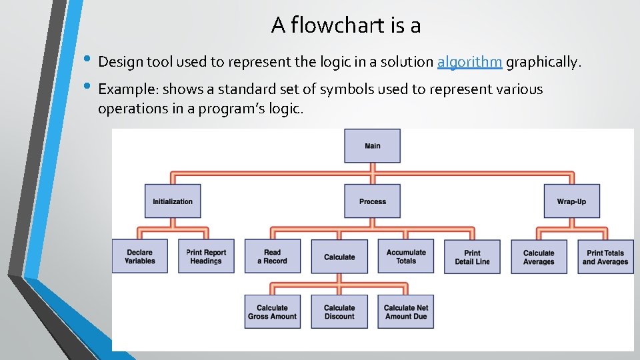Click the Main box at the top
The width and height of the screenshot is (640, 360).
(x=372, y=146)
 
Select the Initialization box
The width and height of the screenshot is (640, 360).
(x=173, y=201)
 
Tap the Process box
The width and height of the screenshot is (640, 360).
(x=372, y=201)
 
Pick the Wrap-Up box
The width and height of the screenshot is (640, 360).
(x=571, y=201)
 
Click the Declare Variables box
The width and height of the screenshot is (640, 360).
(x=139, y=257)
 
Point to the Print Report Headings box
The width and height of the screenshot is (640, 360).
(x=206, y=257)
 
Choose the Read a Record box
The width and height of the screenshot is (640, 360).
(x=272, y=257)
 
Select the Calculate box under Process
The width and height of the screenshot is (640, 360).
(x=339, y=257)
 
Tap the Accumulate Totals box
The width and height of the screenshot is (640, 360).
(x=405, y=257)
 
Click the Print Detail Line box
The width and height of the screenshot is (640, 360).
(x=472, y=257)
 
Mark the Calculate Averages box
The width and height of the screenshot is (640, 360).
(x=539, y=257)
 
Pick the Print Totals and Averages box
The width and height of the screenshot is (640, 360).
(x=605, y=257)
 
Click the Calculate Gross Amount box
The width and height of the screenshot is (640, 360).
(x=272, y=312)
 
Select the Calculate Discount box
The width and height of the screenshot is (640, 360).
(x=339, y=312)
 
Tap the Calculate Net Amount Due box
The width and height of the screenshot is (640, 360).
(x=405, y=312)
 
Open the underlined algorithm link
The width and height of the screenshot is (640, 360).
(x=469, y=63)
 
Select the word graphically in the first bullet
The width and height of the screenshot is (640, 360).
(x=543, y=63)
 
